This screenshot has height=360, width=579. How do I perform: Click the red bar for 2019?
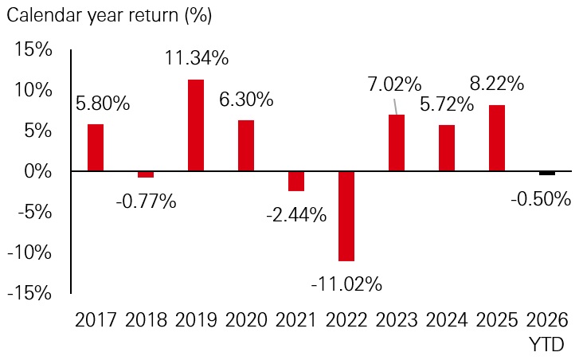click(195, 125)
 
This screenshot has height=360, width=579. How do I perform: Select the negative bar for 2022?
click(346, 216)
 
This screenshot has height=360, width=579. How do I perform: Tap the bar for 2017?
click(96, 147)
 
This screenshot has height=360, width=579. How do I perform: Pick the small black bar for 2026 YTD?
click(547, 173)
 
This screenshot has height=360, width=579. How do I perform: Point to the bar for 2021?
click(295, 181)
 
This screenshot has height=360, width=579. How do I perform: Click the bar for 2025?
click(496, 138)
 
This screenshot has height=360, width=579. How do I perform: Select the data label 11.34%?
click(197, 58)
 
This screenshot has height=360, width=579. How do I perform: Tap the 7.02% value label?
click(396, 83)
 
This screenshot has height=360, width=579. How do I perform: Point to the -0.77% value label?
click(146, 201)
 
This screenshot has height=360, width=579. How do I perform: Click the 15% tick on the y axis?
click(33, 49)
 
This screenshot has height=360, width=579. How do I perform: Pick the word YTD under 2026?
click(547, 345)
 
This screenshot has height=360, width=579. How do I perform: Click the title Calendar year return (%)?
click(111, 14)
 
